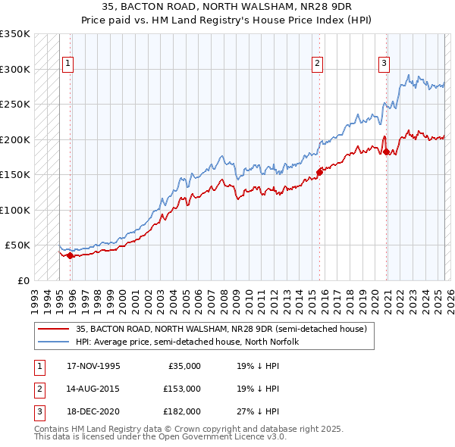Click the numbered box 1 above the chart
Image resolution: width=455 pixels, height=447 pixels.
click(69, 64)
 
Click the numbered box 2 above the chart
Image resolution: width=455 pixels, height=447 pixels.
click(317, 64)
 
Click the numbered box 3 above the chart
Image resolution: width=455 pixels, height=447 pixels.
click(384, 64)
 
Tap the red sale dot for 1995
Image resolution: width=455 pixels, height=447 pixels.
click(70, 255)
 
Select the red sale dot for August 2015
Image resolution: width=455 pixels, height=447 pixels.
click(319, 172)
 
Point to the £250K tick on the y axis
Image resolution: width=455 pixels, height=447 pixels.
click(15, 104)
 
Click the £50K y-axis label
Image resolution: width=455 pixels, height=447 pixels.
click(17, 245)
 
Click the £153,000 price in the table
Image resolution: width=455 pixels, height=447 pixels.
click(183, 389)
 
